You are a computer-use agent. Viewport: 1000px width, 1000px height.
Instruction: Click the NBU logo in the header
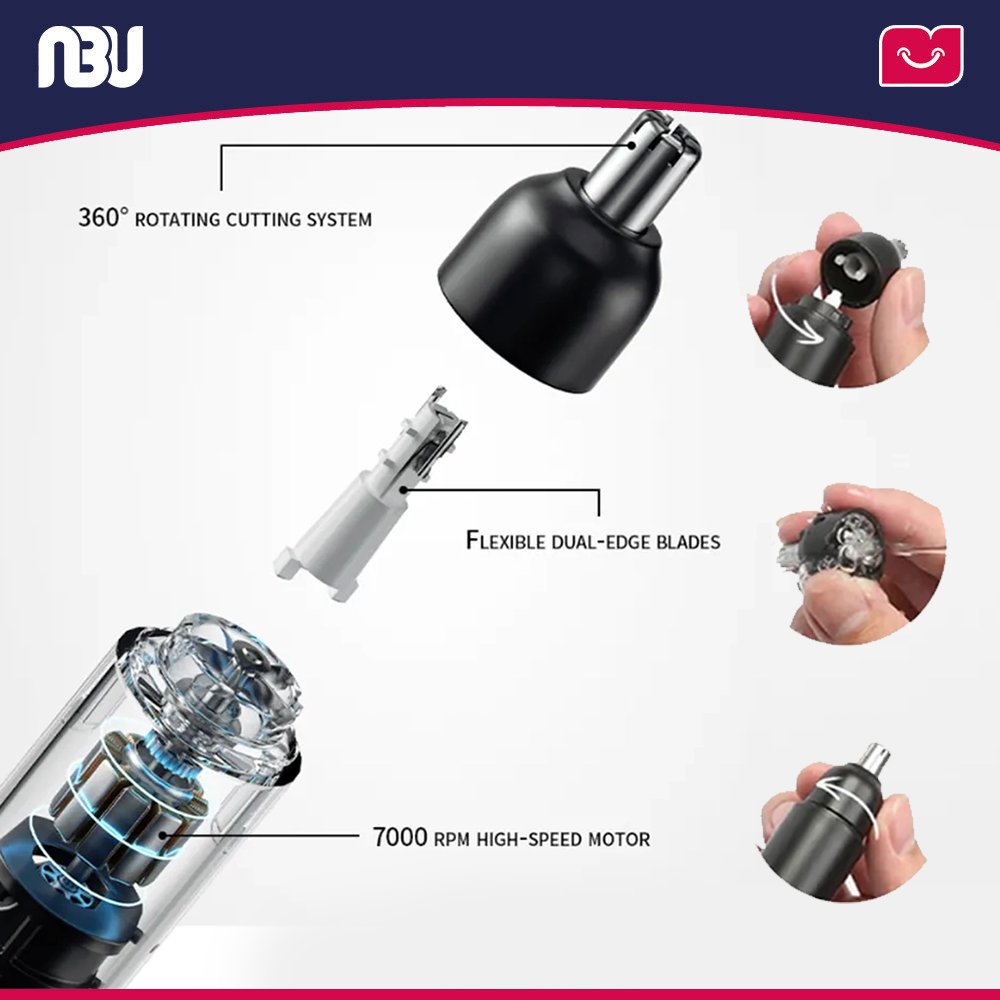tap(90, 56)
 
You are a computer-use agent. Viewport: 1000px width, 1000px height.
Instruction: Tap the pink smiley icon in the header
tap(920, 56)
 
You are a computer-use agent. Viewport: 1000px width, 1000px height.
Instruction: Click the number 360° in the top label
tap(104, 217)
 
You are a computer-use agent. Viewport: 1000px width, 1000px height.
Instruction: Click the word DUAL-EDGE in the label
tap(599, 542)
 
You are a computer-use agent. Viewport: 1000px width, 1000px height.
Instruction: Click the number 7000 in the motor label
tap(400, 837)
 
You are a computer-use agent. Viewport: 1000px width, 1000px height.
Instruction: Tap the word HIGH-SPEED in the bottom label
tap(527, 839)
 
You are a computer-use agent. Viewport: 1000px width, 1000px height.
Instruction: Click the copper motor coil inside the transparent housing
tap(135, 800)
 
